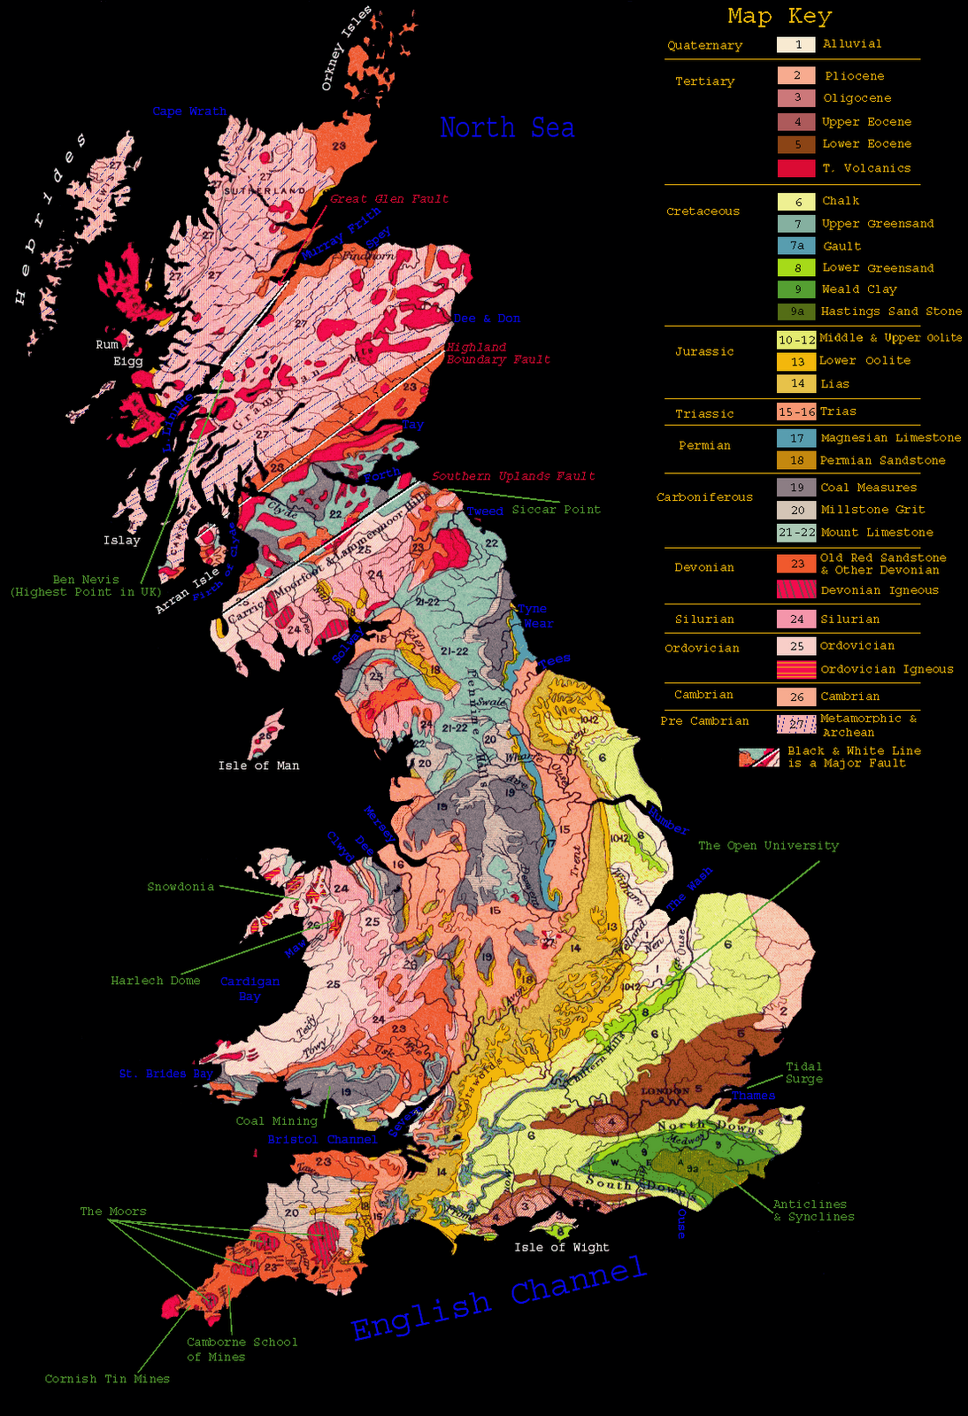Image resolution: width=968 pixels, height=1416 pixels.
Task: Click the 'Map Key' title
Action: pos(779,16)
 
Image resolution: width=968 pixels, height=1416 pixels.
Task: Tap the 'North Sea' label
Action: pos(507,128)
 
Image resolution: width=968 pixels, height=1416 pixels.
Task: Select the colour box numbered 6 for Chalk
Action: pos(796,202)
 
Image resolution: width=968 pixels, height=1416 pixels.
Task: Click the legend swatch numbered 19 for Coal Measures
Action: pos(796,488)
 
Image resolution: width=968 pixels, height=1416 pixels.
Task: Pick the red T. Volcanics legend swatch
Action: pos(796,168)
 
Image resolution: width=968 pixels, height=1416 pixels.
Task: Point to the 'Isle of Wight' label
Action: pos(561,1247)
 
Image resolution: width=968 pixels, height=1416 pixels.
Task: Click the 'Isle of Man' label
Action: pos(258,766)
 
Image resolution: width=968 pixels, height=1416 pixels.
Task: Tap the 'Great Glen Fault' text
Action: pos(389,199)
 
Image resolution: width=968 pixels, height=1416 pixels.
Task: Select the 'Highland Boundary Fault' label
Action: pos(497,353)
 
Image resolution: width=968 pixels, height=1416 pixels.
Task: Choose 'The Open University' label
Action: pos(768,845)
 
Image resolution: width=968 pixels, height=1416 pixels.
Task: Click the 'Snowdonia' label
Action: pos(181,886)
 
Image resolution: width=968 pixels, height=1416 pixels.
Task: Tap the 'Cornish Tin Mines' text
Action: pos(107,1378)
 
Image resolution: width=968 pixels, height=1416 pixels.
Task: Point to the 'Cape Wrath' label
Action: pos(189,112)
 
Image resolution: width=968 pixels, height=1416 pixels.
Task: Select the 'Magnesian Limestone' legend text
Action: pos(890,437)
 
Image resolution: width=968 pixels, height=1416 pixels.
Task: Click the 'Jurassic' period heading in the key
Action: pos(704,351)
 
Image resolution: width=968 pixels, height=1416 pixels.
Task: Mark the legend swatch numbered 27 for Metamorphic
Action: pos(796,724)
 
